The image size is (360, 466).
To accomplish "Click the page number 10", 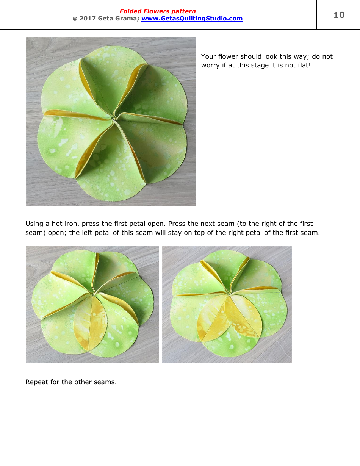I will point(339,15).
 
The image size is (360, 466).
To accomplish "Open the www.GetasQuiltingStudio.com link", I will point(192,19).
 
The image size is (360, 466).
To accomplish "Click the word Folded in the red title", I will point(130,11).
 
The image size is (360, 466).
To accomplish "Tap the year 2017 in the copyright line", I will point(88,19).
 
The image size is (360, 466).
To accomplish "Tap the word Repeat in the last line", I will point(36,382).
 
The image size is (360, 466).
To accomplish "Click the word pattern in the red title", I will point(183,11).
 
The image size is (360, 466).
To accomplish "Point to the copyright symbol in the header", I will point(75,19).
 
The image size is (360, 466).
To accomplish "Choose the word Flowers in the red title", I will point(155,11).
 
